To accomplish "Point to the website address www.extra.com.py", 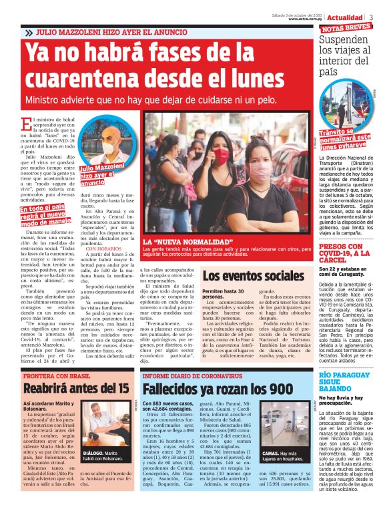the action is tap(306, 19).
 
